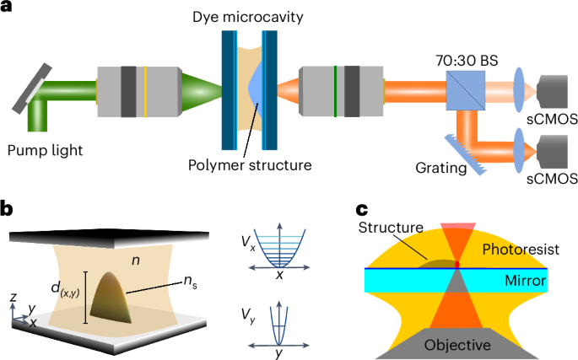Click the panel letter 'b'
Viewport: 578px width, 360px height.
[8, 207]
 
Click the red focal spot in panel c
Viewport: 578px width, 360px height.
[457, 266]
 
